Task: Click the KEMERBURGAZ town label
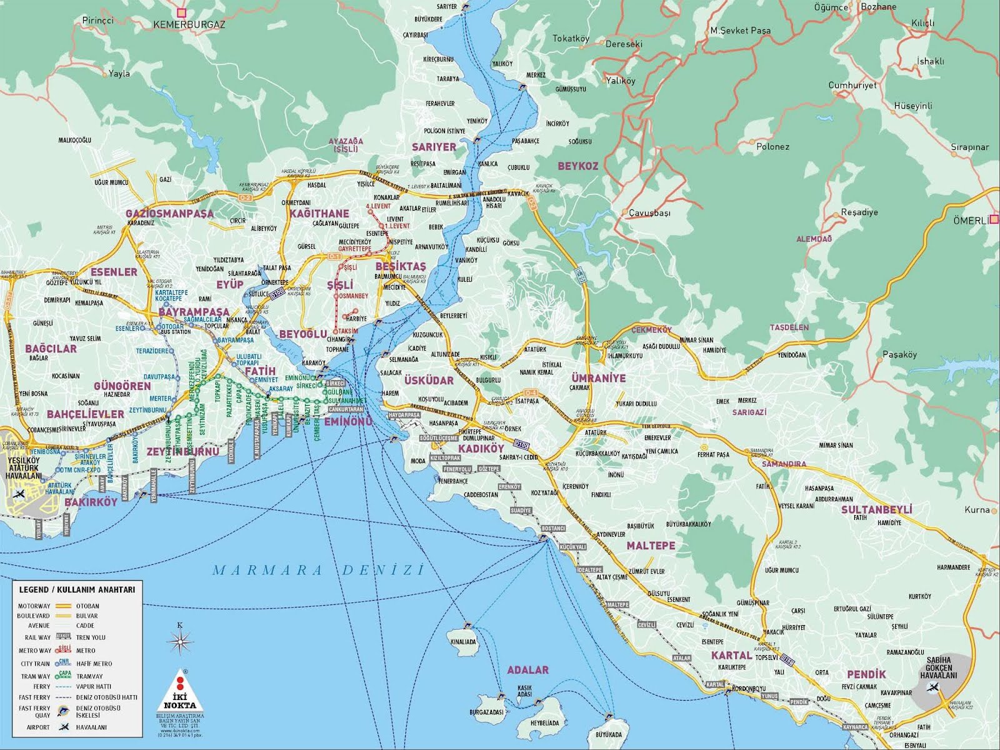coord(189,25)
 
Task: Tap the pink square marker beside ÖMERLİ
coord(994,219)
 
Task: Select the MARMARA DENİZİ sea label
coord(317,570)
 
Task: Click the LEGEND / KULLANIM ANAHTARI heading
coord(77,589)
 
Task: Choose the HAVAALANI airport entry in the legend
coord(91,727)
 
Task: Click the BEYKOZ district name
coord(578,166)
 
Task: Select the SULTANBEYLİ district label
coord(876,509)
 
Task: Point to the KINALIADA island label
coord(462,642)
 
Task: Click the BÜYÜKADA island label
coord(609,734)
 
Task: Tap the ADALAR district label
coord(527,670)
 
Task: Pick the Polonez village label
coord(772,147)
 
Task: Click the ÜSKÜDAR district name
coord(429,380)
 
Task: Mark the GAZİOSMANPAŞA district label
coord(169,213)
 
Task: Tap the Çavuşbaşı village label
coord(649,213)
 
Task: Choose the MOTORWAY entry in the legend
coord(34,606)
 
